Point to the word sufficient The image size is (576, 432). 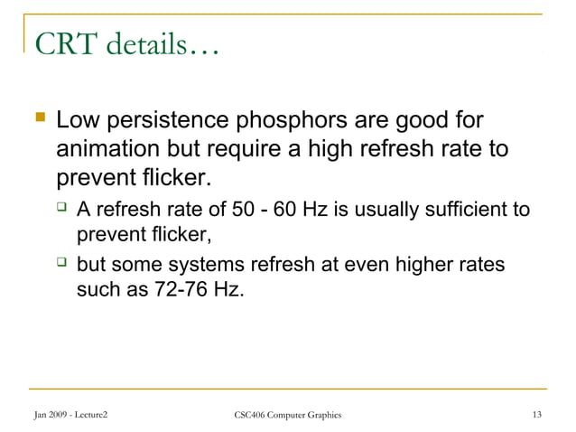click(469, 211)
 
